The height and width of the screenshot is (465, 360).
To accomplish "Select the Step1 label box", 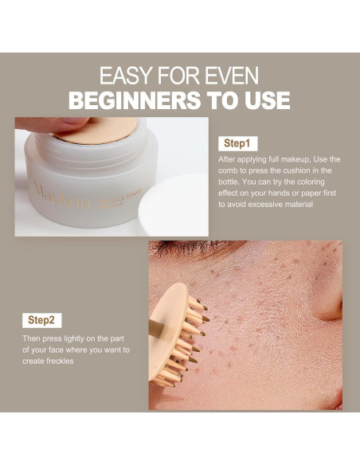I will [x=237, y=144].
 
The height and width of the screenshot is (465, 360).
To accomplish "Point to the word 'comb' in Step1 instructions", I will [x=230, y=170].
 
